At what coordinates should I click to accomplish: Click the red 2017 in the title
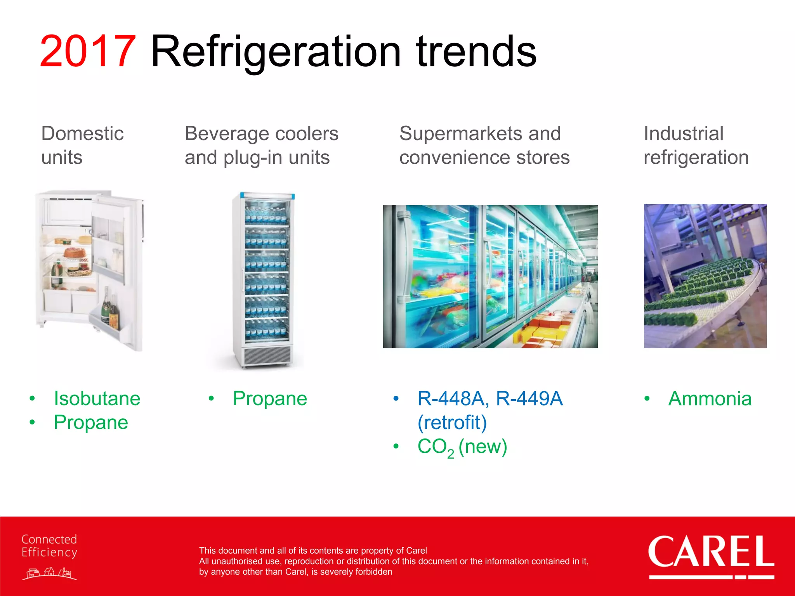[88, 52]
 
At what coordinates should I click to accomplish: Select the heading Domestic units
[82, 145]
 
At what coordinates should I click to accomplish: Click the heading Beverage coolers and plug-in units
[261, 145]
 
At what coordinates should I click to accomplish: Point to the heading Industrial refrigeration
[696, 145]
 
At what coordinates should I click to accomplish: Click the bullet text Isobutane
[97, 398]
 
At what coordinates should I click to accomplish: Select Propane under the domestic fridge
[91, 423]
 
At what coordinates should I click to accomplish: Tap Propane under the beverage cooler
[270, 398]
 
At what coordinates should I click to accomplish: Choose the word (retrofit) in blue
[452, 423]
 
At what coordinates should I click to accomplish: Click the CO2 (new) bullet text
[462, 447]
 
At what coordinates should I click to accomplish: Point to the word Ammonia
[710, 398]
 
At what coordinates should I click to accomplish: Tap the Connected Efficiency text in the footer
[49, 546]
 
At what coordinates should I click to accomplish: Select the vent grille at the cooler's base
[267, 355]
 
